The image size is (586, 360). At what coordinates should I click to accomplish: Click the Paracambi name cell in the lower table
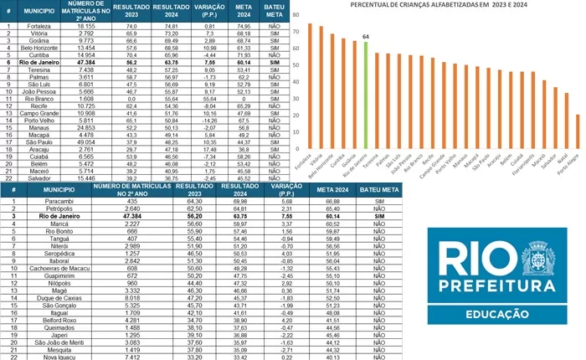[x=59, y=201]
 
